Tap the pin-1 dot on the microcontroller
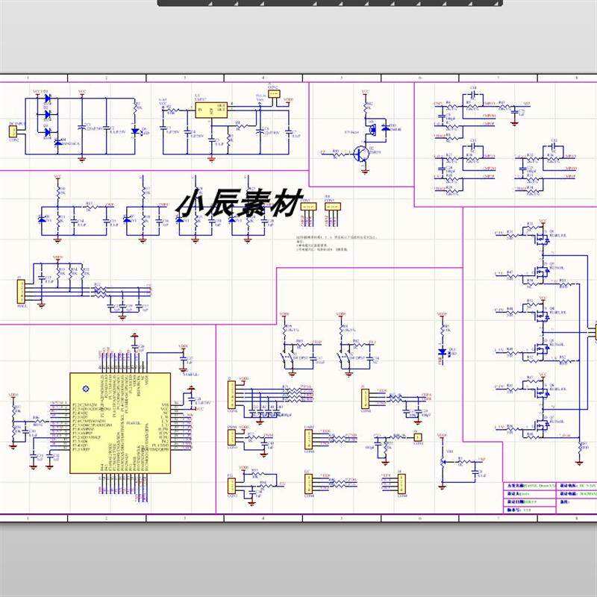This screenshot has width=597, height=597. pos(84,386)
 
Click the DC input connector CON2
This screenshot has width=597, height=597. pos(13,132)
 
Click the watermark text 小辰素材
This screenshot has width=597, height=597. pos(238,204)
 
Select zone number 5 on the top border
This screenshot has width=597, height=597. pos(340,78)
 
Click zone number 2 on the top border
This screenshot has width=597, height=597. pos(105,78)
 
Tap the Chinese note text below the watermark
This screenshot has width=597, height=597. pos(321,244)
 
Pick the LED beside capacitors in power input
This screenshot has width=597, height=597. pos(135,132)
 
